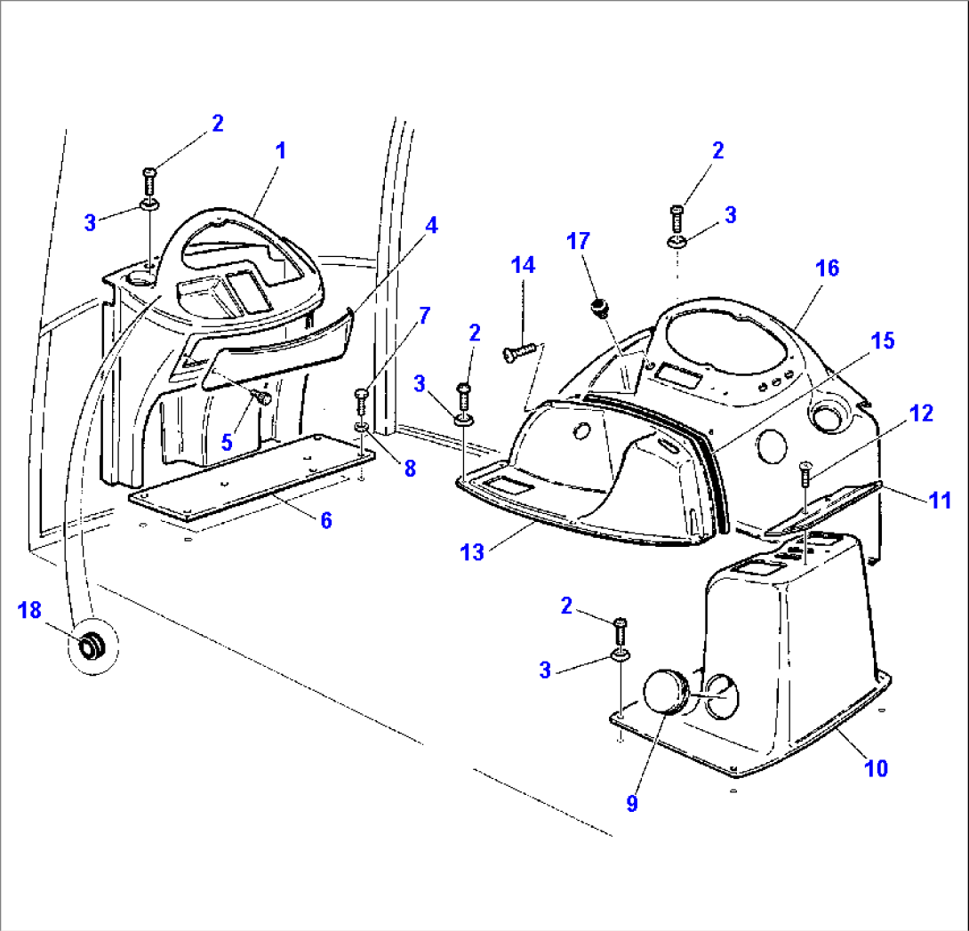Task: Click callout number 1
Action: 280,150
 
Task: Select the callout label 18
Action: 29,610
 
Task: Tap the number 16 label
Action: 827,268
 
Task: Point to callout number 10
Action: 876,767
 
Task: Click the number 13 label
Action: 472,552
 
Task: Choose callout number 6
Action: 326,520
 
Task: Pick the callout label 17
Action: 579,240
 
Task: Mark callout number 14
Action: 523,264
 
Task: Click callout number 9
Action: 632,803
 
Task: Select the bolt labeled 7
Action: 361,400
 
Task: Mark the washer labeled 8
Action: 362,429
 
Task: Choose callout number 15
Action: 883,341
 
